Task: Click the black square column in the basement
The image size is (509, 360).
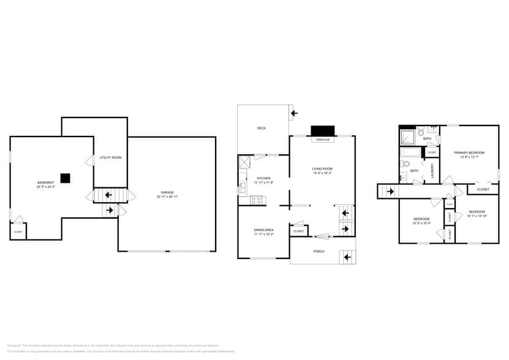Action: point(65,178)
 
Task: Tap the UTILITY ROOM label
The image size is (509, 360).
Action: point(110,157)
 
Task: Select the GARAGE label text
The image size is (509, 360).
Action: point(167,192)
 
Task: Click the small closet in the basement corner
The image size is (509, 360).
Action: point(18,231)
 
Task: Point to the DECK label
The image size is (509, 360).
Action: point(261,128)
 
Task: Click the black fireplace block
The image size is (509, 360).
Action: point(323,131)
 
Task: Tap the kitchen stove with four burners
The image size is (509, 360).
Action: point(256,200)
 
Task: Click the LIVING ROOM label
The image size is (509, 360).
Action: point(322,168)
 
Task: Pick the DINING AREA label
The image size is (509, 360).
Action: point(263,230)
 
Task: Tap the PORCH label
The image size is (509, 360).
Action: point(319,252)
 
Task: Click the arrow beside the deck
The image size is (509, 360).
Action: point(294,113)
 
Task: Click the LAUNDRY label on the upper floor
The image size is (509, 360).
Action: point(433,170)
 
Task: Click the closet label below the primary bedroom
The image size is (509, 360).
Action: point(483,189)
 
